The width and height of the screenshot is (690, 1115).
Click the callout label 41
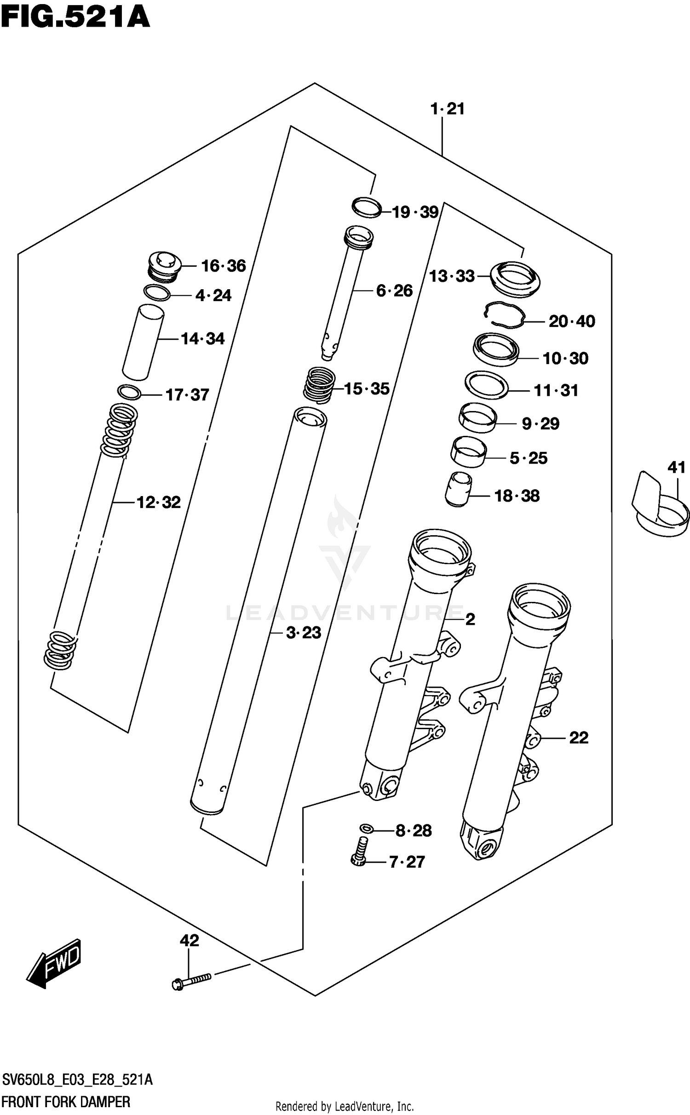coord(676,468)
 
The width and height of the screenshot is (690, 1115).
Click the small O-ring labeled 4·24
coord(156,292)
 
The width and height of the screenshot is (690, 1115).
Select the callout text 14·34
coord(202,339)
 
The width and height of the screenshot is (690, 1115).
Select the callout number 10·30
coord(565,358)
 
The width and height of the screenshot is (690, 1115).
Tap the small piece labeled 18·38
coord(458,490)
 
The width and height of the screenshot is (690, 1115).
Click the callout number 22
coord(579,738)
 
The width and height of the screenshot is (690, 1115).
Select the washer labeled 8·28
coord(367,828)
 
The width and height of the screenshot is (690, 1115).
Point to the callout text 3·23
coord(304,633)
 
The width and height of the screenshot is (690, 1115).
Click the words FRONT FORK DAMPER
coord(66,1102)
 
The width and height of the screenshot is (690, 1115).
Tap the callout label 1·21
coord(447,109)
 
